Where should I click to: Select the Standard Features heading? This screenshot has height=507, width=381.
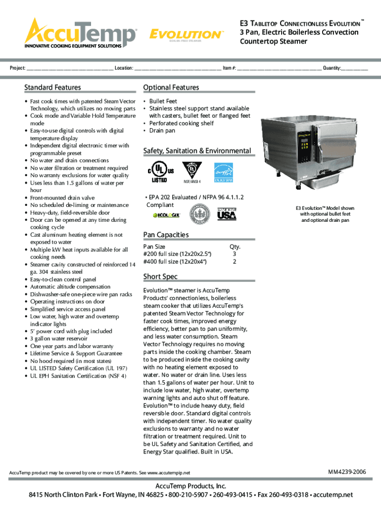click(x=52, y=88)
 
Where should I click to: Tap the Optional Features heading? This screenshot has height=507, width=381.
click(x=171, y=88)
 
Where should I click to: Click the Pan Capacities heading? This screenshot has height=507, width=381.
click(x=165, y=234)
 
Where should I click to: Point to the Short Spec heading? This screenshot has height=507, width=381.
click(x=160, y=276)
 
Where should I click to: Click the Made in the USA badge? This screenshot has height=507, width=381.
click(x=227, y=214)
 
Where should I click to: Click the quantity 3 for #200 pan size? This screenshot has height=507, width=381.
click(x=234, y=254)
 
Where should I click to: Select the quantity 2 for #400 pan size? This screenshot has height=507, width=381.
click(x=234, y=261)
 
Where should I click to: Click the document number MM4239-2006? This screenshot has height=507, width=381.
click(x=347, y=472)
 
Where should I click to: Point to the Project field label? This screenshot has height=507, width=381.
click(x=18, y=67)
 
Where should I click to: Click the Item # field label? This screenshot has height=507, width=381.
click(x=229, y=67)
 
